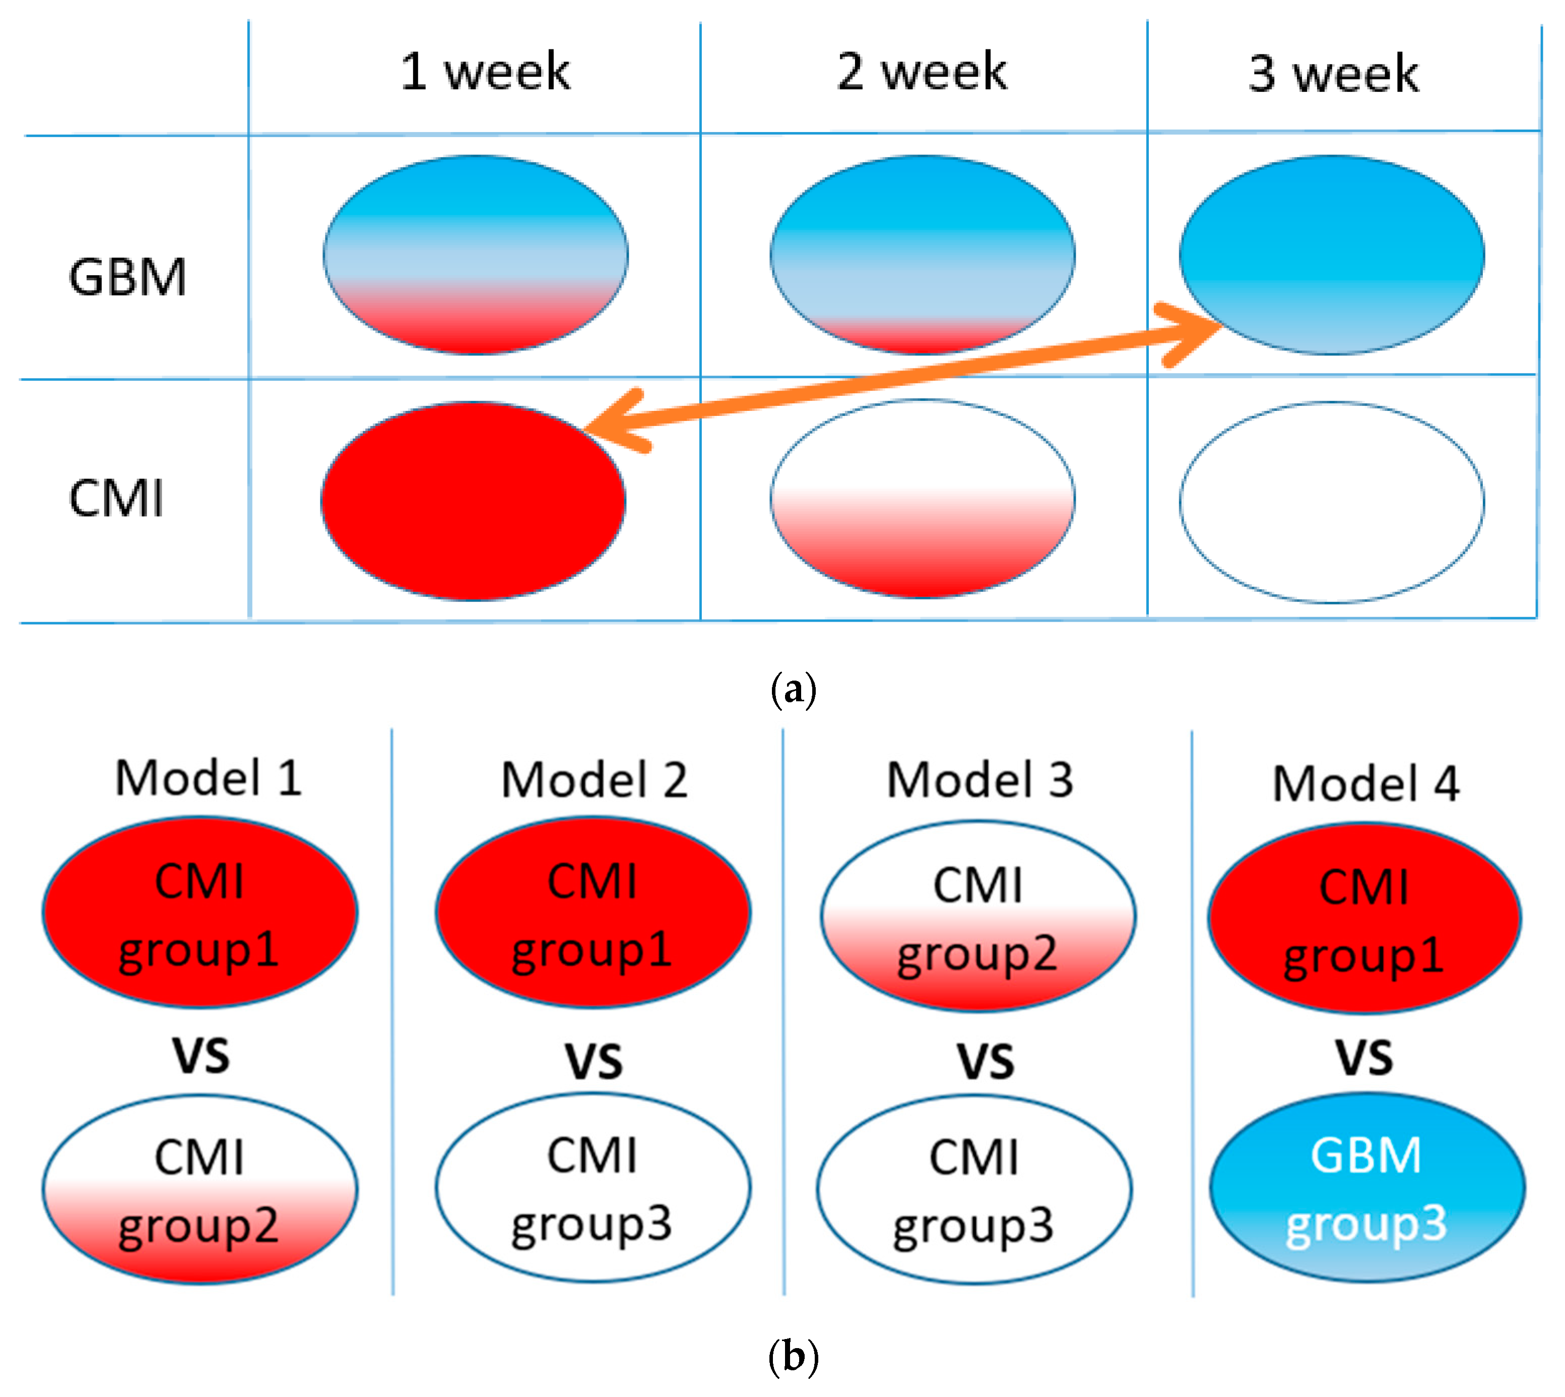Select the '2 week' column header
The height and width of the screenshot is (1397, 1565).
pyautogui.click(x=922, y=72)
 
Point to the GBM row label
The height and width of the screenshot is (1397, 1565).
pyautogui.click(x=127, y=277)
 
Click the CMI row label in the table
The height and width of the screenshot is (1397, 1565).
pyautogui.click(x=116, y=499)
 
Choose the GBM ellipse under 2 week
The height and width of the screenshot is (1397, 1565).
pyautogui.click(x=922, y=255)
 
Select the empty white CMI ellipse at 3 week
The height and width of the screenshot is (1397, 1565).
pyautogui.click(x=1332, y=502)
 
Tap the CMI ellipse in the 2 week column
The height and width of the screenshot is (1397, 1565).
pyautogui.click(x=922, y=499)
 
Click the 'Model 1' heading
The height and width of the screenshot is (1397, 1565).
pyautogui.click(x=208, y=778)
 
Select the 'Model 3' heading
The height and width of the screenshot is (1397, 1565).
pyautogui.click(x=980, y=780)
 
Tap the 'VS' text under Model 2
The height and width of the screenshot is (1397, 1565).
pyautogui.click(x=594, y=1062)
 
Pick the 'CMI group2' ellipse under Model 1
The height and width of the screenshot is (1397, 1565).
pyautogui.click(x=200, y=1190)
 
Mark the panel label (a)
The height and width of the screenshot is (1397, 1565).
pyautogui.click(x=793, y=689)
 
